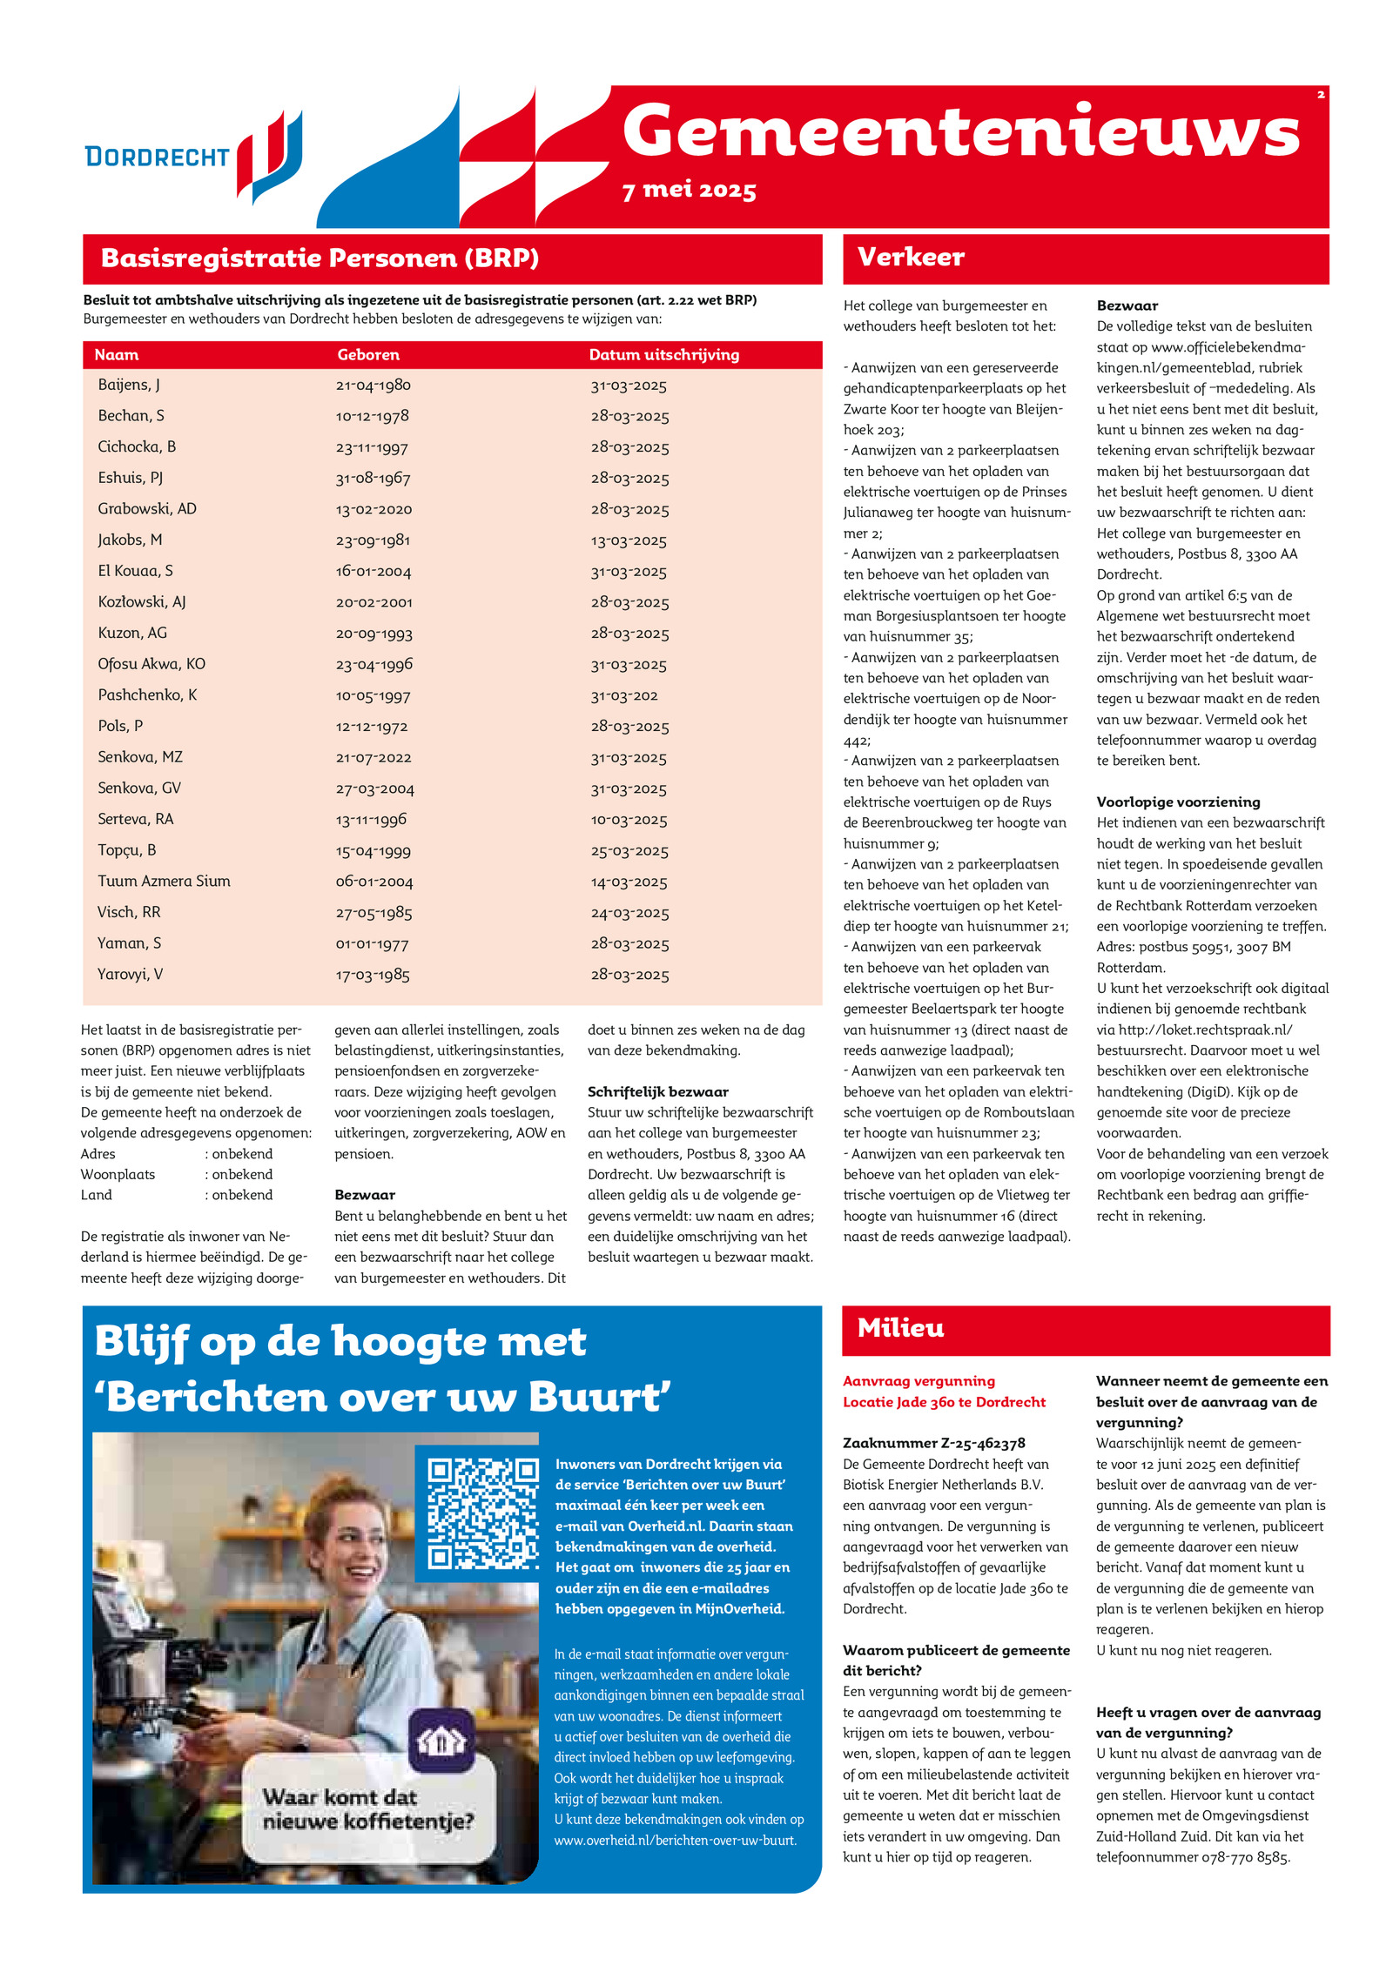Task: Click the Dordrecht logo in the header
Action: pyautogui.click(x=193, y=157)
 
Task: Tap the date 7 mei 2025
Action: pyautogui.click(x=689, y=191)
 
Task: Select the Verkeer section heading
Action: pyautogui.click(x=911, y=258)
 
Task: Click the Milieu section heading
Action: pyautogui.click(x=900, y=1328)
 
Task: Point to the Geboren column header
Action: pyautogui.click(x=368, y=355)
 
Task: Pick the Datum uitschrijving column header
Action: pyautogui.click(x=663, y=355)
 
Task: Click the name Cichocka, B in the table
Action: pyautogui.click(x=137, y=447)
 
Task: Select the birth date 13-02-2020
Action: pyautogui.click(x=373, y=509)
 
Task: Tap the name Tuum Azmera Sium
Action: pyautogui.click(x=164, y=882)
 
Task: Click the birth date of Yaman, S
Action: pyautogui.click(x=372, y=944)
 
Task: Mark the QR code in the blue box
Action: pyautogui.click(x=482, y=1513)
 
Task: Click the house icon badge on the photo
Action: pyautogui.click(x=441, y=1741)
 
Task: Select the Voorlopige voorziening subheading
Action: pyautogui.click(x=1178, y=802)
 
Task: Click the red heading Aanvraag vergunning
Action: pyautogui.click(x=919, y=1381)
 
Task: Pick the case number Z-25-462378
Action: pyautogui.click(x=933, y=1443)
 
